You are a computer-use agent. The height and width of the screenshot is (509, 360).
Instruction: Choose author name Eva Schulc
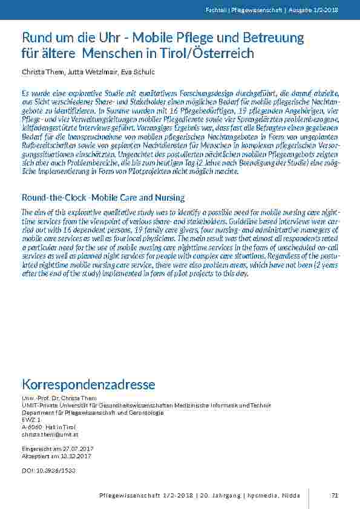click(x=138, y=72)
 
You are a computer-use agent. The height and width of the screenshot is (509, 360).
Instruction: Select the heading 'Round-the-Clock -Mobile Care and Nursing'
click(x=103, y=198)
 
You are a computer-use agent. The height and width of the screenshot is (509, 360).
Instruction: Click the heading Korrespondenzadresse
click(x=88, y=385)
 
